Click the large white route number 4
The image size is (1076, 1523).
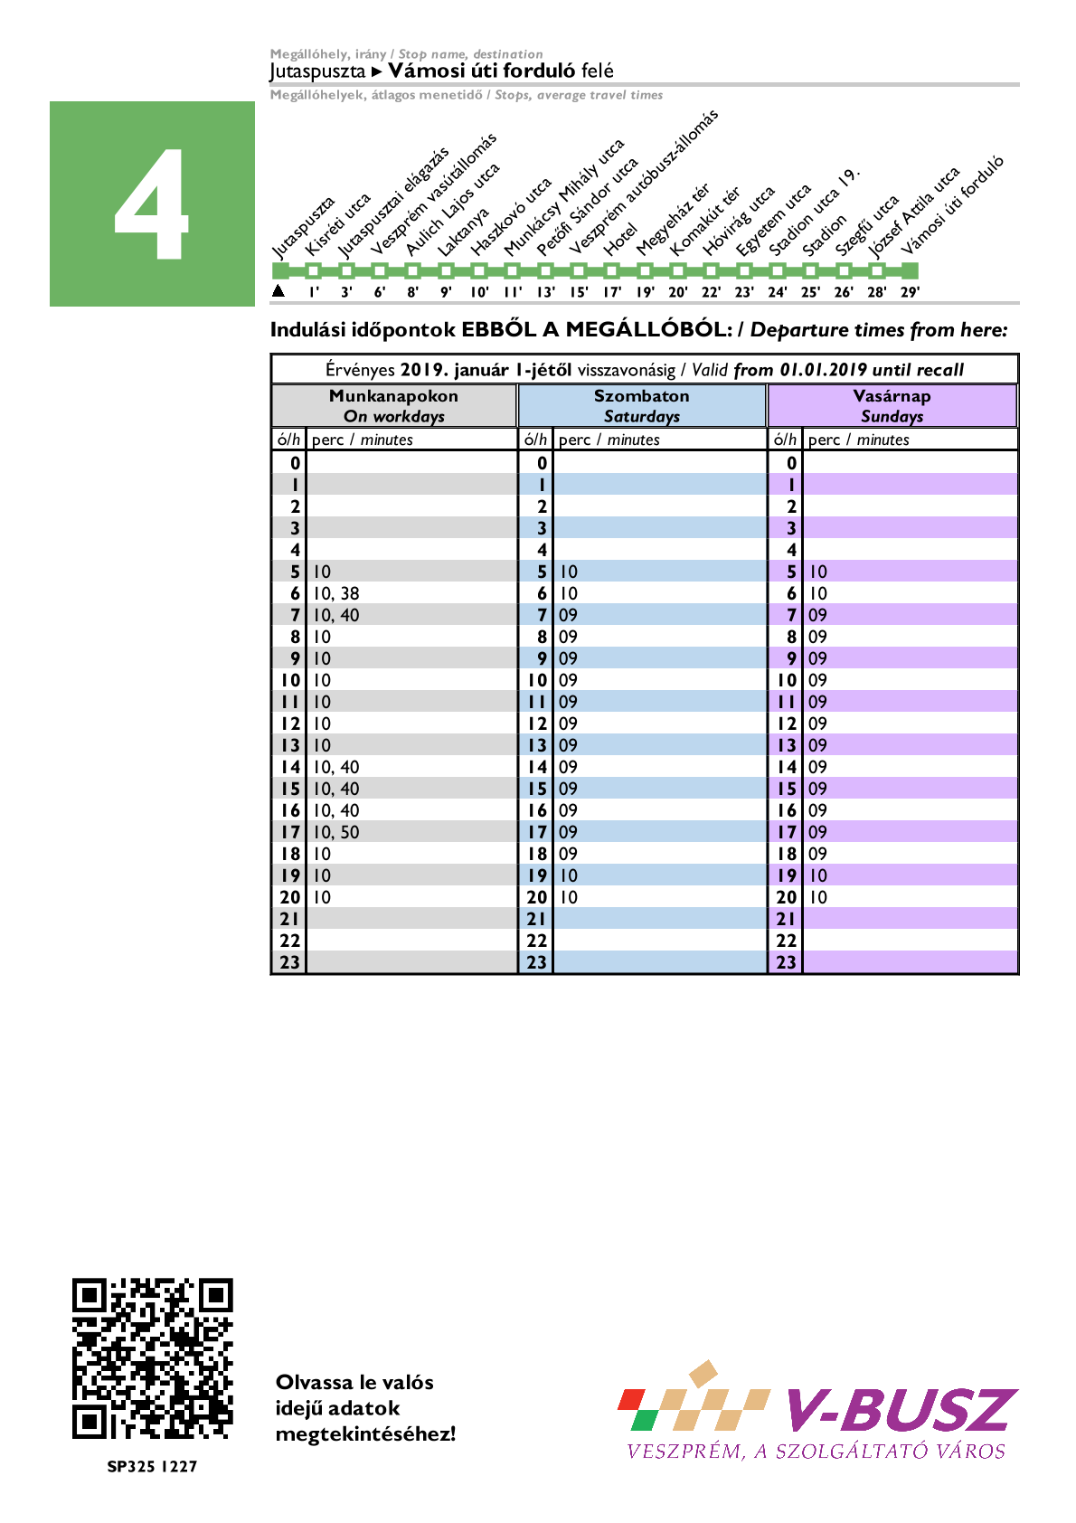[x=152, y=204]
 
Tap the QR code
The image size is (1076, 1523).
[x=152, y=1357]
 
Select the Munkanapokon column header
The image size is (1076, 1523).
[x=393, y=405]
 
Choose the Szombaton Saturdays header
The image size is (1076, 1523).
[x=642, y=405]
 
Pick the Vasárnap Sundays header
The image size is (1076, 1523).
[x=892, y=405]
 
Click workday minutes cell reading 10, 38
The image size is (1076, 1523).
[x=336, y=593]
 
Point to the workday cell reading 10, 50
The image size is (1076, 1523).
[x=336, y=832]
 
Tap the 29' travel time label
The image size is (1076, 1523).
[x=910, y=292]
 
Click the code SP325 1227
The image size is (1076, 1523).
[x=152, y=1466]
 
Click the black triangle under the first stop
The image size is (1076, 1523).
[x=278, y=290]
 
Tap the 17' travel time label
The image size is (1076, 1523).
[x=612, y=292]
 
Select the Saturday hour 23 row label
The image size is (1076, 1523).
[x=537, y=962]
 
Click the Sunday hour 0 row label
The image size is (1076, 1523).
[x=791, y=463]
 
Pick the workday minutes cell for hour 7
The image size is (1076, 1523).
[x=336, y=615]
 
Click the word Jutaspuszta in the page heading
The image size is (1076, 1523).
[x=317, y=71]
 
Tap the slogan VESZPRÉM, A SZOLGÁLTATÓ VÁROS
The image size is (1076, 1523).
[x=816, y=1452]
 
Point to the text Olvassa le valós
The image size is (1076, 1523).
[x=354, y=1382]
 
